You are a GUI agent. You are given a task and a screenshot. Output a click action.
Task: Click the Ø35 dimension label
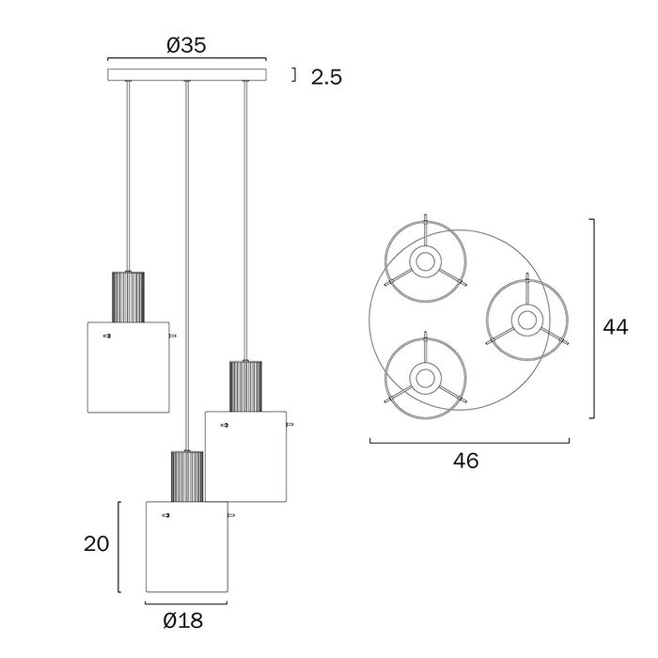(x=186, y=45)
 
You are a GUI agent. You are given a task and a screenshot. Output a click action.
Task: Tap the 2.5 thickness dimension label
(x=326, y=77)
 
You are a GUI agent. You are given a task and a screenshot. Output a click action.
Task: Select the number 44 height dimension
(x=616, y=327)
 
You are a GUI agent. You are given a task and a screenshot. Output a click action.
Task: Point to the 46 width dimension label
(x=466, y=461)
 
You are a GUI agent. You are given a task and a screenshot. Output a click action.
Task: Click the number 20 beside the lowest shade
(x=97, y=544)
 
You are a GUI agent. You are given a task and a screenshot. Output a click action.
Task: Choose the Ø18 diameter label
(x=183, y=620)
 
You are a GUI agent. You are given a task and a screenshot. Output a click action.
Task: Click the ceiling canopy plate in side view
(x=187, y=74)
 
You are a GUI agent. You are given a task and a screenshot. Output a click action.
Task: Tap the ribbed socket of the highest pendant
(x=128, y=297)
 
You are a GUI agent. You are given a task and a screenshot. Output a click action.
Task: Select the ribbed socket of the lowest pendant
(x=187, y=477)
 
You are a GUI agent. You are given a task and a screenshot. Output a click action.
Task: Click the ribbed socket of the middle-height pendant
(x=245, y=386)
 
